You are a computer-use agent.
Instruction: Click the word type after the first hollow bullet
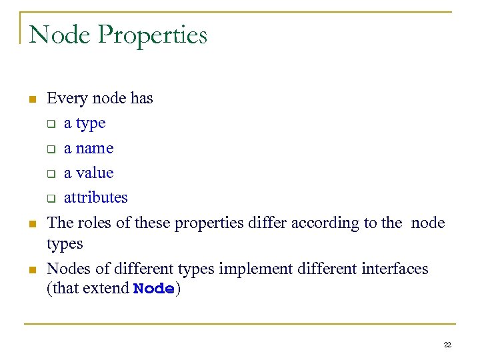click(x=91, y=124)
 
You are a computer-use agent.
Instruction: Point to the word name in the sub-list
click(x=95, y=149)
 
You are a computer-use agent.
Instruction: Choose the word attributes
click(x=95, y=198)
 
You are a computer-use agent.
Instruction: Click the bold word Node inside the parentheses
click(x=154, y=289)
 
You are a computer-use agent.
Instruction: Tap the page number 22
click(x=447, y=345)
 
